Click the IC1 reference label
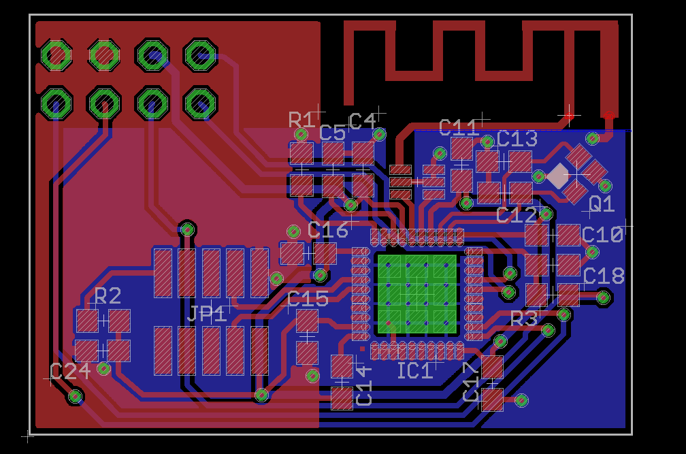click(x=414, y=371)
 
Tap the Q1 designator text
click(x=602, y=204)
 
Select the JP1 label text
click(x=207, y=314)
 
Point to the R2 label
click(x=108, y=296)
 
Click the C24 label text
click(x=70, y=372)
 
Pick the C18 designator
click(x=604, y=276)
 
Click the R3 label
click(x=524, y=319)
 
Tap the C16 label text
click(x=328, y=230)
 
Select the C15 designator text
click(x=308, y=299)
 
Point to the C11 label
click(x=459, y=128)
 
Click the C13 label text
click(x=517, y=139)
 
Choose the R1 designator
click(x=301, y=121)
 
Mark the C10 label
click(x=602, y=236)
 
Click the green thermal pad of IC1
click(x=416, y=293)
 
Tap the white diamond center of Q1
click(x=558, y=176)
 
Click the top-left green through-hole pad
click(x=56, y=54)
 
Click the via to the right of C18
click(x=603, y=297)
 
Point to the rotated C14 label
click(x=364, y=386)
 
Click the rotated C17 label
click(x=470, y=382)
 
